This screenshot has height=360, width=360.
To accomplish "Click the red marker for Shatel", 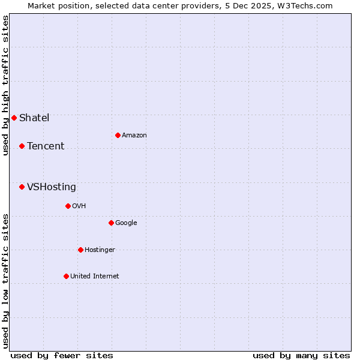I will pos(14,118).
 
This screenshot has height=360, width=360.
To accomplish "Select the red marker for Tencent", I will pos(22,146).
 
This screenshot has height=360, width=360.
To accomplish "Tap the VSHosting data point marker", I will pos(22,187).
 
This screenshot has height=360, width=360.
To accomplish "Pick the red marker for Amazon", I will pos(118,135).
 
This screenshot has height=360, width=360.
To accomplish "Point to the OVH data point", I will pos(68,206).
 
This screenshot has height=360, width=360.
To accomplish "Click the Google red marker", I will pos(111,223).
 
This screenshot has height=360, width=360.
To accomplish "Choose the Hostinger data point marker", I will pos(80,250).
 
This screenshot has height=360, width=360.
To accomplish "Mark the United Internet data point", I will pos(66,276).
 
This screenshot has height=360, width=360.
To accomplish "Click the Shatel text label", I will pos(34,118).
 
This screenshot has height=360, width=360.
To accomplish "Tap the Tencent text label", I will pos(46,146).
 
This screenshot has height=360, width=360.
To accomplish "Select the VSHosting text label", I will pos(52,187).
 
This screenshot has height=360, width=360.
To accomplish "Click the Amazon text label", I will pos(134,135).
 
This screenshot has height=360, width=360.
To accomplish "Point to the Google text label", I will pos(126,223).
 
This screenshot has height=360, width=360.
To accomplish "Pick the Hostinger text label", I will pos(100,250).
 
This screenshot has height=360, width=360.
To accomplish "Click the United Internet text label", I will pos(95,276).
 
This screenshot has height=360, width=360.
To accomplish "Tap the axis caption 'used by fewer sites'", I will pos(62,355).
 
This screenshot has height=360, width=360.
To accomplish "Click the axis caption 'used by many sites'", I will pos(301,355).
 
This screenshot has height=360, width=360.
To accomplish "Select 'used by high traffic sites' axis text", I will pos(5,85).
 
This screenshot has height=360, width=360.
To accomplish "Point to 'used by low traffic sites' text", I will pos(5,281).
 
